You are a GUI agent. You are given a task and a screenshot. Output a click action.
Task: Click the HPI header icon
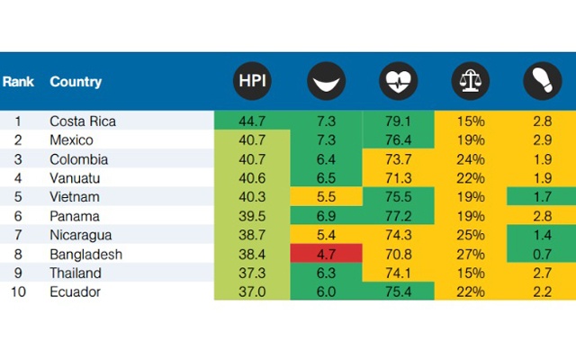[252, 82]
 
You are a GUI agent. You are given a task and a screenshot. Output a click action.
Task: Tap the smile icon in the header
[325, 82]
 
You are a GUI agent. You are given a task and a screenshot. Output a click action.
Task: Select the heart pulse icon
[397, 82]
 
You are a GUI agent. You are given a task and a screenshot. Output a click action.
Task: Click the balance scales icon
[469, 82]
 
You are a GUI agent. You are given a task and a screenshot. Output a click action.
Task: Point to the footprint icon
[540, 82]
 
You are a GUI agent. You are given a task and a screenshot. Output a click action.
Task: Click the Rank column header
[18, 82]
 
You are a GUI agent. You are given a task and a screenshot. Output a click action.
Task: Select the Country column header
[76, 82]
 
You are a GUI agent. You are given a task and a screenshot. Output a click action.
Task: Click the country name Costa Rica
[83, 121]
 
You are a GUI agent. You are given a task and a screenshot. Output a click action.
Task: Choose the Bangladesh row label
[86, 254]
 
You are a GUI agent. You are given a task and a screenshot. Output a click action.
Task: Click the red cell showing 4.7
[325, 254]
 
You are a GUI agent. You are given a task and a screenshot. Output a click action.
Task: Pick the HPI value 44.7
[252, 121]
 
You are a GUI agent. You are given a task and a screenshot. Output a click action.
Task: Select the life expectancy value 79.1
[397, 121]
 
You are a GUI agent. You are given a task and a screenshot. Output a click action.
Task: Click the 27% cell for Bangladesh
[469, 254]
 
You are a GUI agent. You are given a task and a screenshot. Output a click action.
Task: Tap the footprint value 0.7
[540, 254]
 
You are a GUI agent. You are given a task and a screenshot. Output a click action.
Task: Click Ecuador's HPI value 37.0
[252, 292]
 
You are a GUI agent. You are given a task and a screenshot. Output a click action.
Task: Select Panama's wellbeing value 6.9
[325, 216]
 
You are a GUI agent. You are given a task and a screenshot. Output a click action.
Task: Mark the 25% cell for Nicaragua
[469, 235]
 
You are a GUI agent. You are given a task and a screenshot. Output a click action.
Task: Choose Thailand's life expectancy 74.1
[397, 273]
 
